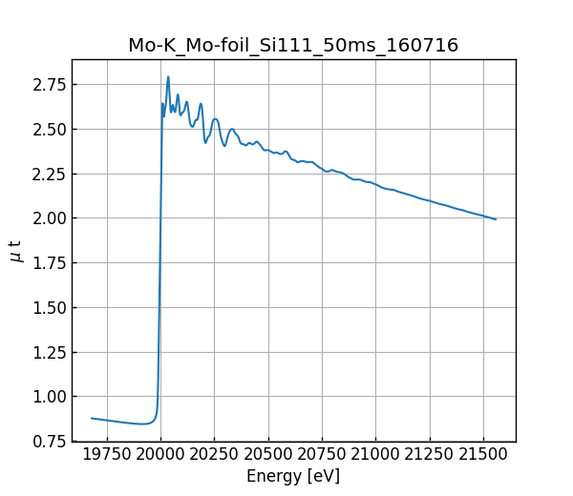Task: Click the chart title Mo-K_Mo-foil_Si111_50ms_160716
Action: (x=293, y=45)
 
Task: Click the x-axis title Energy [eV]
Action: (x=293, y=476)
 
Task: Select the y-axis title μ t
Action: (x=15, y=251)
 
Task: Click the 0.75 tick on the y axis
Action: (x=49, y=441)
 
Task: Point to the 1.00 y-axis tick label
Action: (x=49, y=396)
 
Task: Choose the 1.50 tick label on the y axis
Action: (x=49, y=307)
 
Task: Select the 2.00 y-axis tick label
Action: (x=49, y=218)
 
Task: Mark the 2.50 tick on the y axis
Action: (x=49, y=129)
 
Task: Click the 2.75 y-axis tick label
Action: (x=49, y=85)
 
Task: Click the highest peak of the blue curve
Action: (x=168, y=76)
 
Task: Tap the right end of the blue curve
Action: (x=496, y=219)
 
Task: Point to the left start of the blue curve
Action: (x=92, y=418)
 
